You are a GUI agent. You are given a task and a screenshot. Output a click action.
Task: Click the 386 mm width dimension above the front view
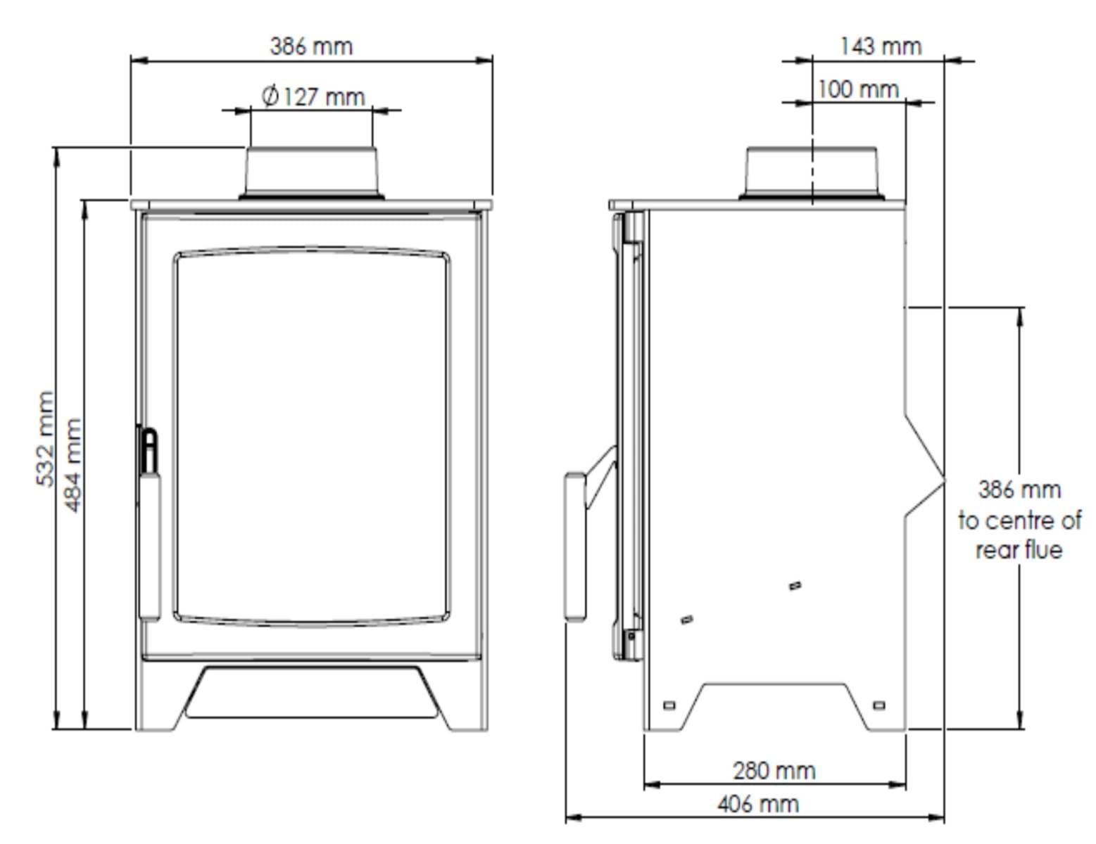click(x=311, y=46)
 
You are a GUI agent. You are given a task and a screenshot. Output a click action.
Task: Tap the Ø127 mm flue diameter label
click(x=313, y=96)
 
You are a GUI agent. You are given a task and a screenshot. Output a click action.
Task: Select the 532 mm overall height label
click(x=45, y=439)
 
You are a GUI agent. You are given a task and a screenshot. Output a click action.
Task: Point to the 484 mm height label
click(x=73, y=465)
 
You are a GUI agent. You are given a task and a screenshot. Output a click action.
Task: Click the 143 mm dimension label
click(x=881, y=46)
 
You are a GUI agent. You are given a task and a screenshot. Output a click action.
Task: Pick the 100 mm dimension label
click(x=858, y=90)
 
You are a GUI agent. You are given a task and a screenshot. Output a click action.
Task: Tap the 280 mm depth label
click(x=774, y=770)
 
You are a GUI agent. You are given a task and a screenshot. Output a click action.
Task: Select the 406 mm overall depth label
click(x=758, y=804)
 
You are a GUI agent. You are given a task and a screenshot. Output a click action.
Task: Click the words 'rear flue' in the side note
click(x=1019, y=550)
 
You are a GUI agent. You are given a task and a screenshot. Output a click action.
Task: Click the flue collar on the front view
click(x=311, y=173)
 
